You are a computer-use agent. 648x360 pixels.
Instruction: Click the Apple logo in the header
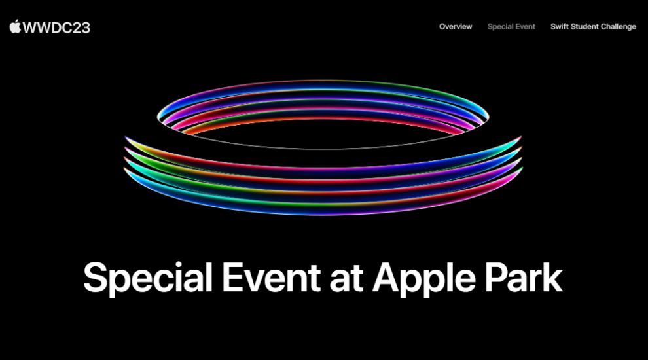pyautogui.click(x=15, y=26)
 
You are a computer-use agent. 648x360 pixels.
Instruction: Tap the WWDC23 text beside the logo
pyautogui.click(x=56, y=27)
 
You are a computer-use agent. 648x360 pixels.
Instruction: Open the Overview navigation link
pyautogui.click(x=456, y=27)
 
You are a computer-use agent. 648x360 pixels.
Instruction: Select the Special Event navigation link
pyautogui.click(x=511, y=27)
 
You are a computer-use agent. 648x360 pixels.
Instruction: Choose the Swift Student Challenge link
pyautogui.click(x=593, y=27)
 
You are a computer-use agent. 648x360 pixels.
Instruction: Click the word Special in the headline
pyautogui.click(x=148, y=279)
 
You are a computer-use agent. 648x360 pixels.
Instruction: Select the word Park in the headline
pyautogui.click(x=526, y=278)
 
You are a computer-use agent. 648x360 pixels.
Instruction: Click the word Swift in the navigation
pyautogui.click(x=560, y=27)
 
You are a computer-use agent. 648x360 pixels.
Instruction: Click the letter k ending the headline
pyautogui.click(x=553, y=278)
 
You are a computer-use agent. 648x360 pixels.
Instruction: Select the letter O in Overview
pyautogui.click(x=442, y=27)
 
